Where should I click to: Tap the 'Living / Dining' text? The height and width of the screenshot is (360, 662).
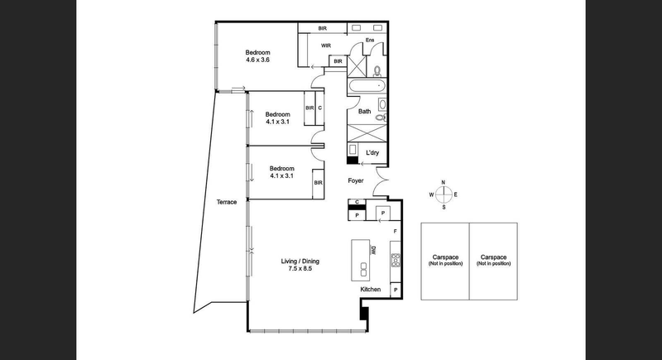300,262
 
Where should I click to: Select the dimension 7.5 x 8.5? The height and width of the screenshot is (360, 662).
300,270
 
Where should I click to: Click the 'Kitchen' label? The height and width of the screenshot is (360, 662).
370,290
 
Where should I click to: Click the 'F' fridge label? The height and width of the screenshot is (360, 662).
395,232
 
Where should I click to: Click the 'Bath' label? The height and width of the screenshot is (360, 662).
364,111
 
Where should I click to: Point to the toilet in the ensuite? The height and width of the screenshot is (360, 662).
377,70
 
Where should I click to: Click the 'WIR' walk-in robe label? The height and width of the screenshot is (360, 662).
327,46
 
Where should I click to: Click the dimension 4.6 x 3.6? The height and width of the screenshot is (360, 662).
257,60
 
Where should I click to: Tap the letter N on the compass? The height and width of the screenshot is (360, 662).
444,182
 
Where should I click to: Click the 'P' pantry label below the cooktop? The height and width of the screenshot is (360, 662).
396,290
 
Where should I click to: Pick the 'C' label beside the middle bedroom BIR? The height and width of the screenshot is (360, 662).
319,108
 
